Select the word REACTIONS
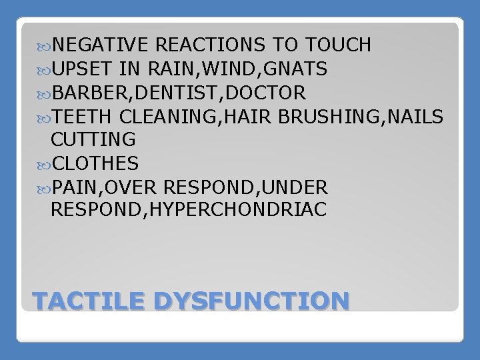[x=211, y=45]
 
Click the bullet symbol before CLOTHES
[x=43, y=163]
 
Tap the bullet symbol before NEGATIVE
[x=43, y=46]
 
